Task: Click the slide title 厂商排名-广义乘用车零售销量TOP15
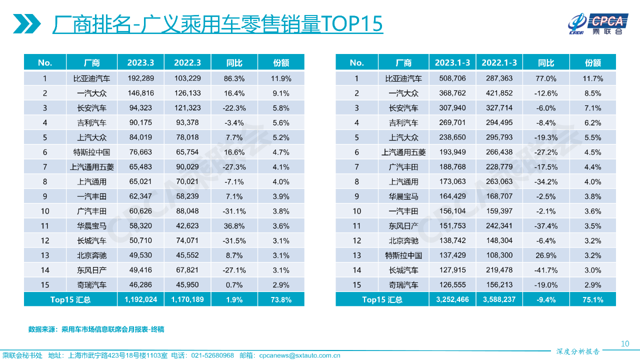(217, 24)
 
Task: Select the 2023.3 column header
(140, 62)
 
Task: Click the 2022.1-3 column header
(499, 62)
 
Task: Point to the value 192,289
(140, 78)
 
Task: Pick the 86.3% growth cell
(234, 78)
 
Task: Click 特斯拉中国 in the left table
(91, 152)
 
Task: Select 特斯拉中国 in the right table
(403, 255)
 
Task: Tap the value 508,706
(452, 78)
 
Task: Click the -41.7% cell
(546, 270)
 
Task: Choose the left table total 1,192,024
(140, 299)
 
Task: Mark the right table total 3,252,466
(452, 299)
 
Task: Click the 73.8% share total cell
(281, 299)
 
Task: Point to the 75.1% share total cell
(593, 299)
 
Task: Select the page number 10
(624, 343)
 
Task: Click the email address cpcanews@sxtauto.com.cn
(299, 355)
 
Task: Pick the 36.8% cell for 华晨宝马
(234, 225)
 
